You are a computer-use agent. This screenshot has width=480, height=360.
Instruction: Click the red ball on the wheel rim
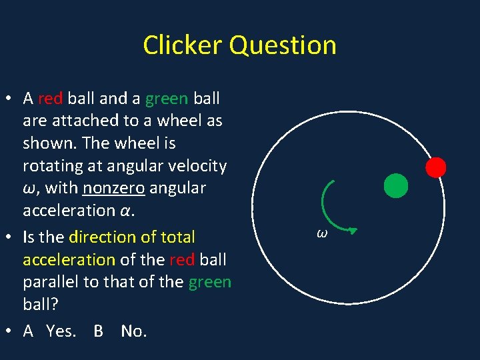click(436, 167)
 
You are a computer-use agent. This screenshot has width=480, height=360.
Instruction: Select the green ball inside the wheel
click(396, 186)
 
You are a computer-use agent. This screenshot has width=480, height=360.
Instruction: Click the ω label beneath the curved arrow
click(322, 233)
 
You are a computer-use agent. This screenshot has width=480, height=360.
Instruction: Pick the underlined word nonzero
click(113, 188)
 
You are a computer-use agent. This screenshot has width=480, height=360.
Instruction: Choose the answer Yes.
click(61, 331)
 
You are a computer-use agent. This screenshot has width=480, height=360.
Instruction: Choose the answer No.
click(133, 331)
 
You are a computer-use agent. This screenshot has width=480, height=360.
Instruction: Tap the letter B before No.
click(98, 331)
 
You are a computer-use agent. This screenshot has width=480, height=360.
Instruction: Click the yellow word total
click(177, 237)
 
